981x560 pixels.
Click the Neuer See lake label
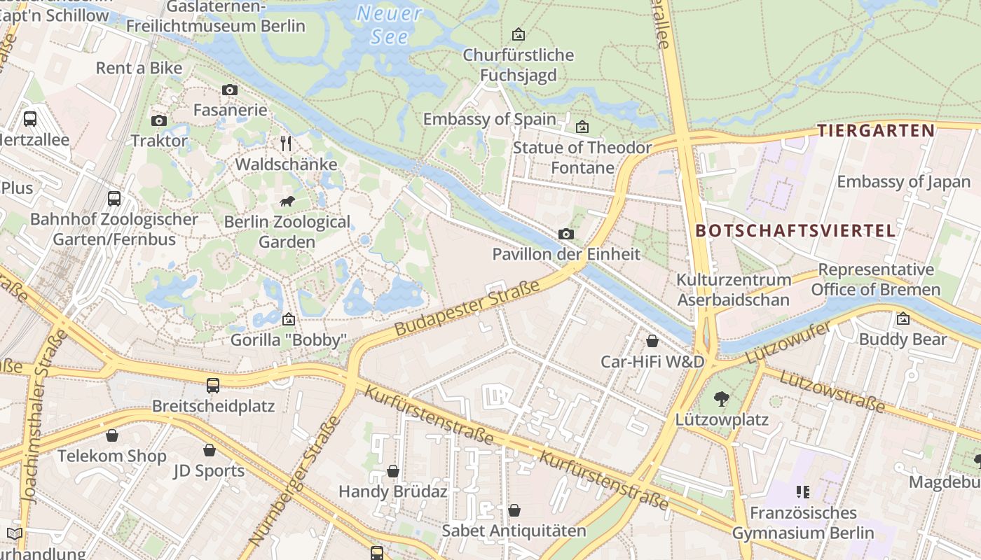tap(389, 24)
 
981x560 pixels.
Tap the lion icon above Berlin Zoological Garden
tap(287, 202)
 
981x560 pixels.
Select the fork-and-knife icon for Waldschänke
tap(286, 143)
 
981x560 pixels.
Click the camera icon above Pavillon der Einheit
tap(566, 234)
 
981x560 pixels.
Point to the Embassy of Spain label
tap(489, 119)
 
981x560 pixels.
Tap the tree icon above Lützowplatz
tap(721, 399)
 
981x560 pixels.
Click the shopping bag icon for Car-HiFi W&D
tap(652, 341)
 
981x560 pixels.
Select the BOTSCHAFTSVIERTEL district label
tap(795, 230)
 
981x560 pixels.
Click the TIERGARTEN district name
tap(876, 130)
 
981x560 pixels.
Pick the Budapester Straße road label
tap(467, 307)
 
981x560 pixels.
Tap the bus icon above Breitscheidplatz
tap(213, 385)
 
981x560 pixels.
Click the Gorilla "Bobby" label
tap(289, 340)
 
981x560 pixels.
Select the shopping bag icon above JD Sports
tap(209, 450)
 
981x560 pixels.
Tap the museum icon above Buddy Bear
tap(903, 318)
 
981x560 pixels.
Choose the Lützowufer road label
tap(787, 343)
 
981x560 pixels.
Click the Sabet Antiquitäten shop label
tap(514, 531)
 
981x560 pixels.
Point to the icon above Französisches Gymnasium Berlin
tap(803, 492)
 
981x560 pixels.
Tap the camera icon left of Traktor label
tap(159, 120)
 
